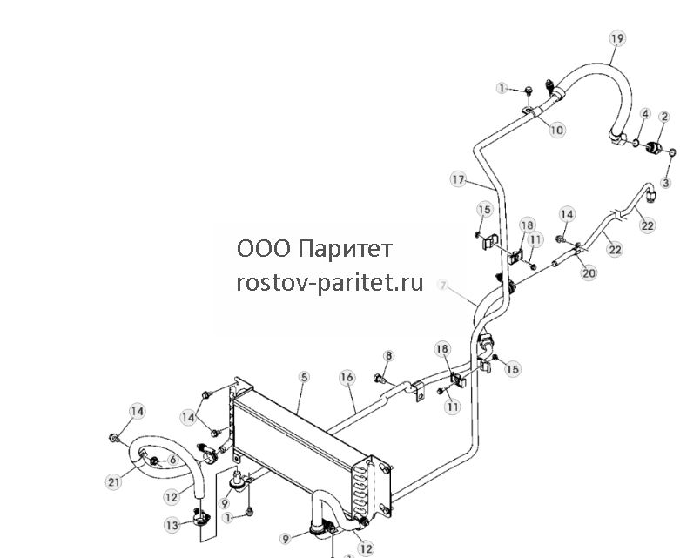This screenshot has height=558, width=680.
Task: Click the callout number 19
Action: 617,38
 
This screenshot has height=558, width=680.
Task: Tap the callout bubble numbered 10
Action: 557,130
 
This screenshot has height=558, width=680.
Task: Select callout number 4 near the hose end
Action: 646,114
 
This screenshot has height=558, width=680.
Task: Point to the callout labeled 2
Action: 664,117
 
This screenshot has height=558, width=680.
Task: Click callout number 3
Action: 666,183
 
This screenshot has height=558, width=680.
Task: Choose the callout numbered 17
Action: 458,179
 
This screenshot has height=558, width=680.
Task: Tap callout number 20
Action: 589,272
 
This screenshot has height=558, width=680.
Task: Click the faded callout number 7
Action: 443,286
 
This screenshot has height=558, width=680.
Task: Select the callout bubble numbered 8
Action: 388,356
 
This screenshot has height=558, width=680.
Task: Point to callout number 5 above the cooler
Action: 304,377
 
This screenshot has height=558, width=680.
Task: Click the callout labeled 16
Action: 347,378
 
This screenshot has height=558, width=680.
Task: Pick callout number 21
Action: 113,481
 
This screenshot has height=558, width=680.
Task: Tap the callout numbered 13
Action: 172,526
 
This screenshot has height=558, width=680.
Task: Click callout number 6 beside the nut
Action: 172,460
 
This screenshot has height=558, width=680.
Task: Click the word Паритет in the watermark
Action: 346,249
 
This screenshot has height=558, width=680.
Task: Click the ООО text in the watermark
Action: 264,249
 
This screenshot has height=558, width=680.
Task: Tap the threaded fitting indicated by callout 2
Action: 652,148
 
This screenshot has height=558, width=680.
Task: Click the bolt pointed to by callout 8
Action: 380,379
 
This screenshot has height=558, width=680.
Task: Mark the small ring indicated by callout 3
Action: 672,152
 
